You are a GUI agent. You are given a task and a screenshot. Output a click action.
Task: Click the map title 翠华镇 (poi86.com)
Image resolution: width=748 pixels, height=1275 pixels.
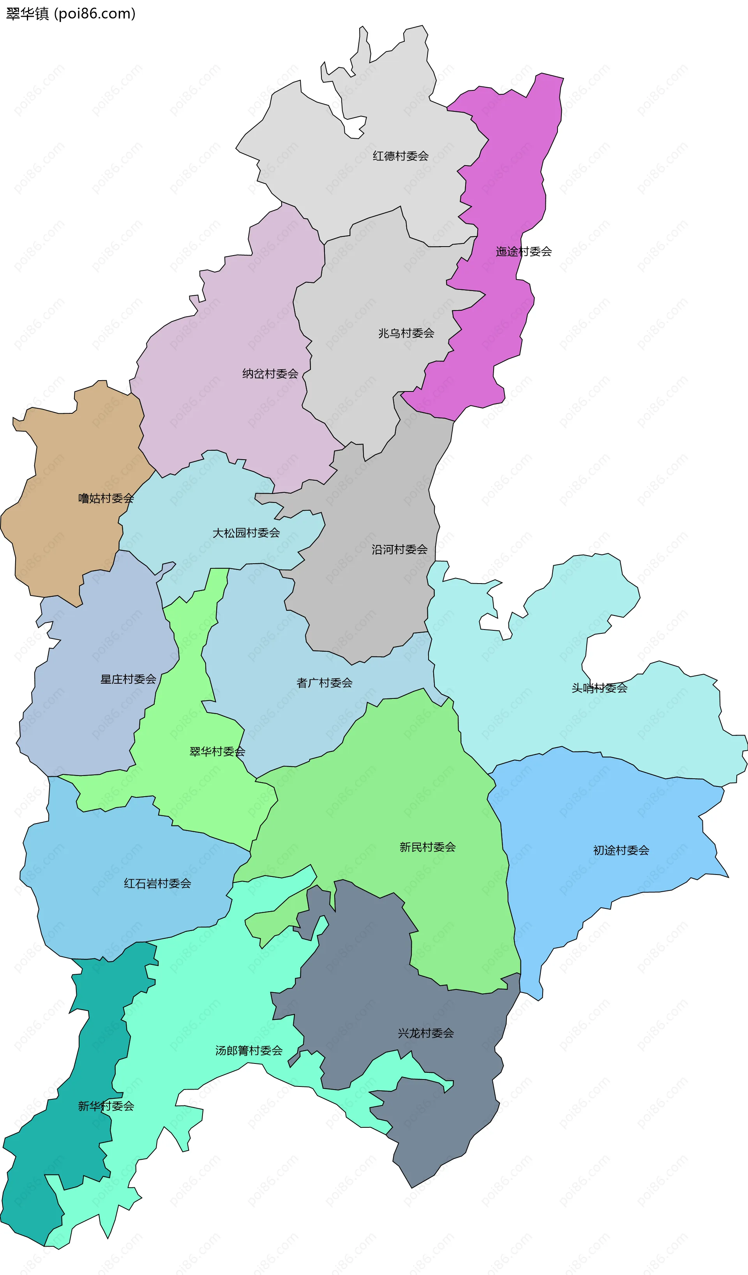tap(71, 14)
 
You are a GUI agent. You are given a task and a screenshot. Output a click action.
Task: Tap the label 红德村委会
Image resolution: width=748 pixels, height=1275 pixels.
tap(400, 156)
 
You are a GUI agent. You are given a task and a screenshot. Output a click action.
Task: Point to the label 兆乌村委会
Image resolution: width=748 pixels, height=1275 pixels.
tap(406, 333)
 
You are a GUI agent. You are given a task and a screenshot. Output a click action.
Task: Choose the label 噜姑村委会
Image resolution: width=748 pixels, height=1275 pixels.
tap(106, 498)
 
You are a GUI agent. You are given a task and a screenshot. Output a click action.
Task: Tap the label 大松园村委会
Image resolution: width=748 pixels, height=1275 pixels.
tap(246, 533)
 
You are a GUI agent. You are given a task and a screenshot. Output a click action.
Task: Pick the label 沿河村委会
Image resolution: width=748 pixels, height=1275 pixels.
tap(399, 550)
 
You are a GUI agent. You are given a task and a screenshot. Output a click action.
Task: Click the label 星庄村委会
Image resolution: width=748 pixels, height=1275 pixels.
tap(128, 679)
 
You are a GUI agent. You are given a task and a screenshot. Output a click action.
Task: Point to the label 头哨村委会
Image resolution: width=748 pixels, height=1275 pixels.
tap(599, 688)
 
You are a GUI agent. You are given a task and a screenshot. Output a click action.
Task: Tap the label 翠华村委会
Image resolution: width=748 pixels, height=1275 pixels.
tap(217, 752)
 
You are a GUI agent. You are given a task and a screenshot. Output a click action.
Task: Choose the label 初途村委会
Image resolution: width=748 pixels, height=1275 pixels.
tap(621, 850)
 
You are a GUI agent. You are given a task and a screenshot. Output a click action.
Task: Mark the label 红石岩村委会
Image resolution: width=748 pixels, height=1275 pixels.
tap(157, 884)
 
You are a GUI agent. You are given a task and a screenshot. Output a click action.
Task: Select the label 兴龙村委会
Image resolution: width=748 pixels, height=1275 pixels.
tap(426, 1033)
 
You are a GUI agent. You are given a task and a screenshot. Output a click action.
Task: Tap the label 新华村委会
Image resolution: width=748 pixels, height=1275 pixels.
tap(106, 1106)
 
